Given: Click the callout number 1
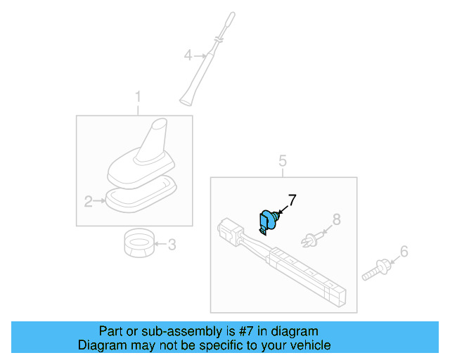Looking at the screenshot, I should (138, 96).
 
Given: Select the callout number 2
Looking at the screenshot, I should (89, 202).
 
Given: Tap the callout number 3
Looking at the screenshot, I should (172, 245).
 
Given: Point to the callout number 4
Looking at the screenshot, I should (188, 54).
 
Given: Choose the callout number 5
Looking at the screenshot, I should (283, 162).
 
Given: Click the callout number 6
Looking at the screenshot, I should (404, 251).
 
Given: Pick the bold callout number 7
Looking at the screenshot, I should (292, 200).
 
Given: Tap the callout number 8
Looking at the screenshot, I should (336, 219).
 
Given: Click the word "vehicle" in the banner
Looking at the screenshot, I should (309, 345).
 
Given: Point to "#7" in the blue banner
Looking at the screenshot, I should (233, 331).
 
